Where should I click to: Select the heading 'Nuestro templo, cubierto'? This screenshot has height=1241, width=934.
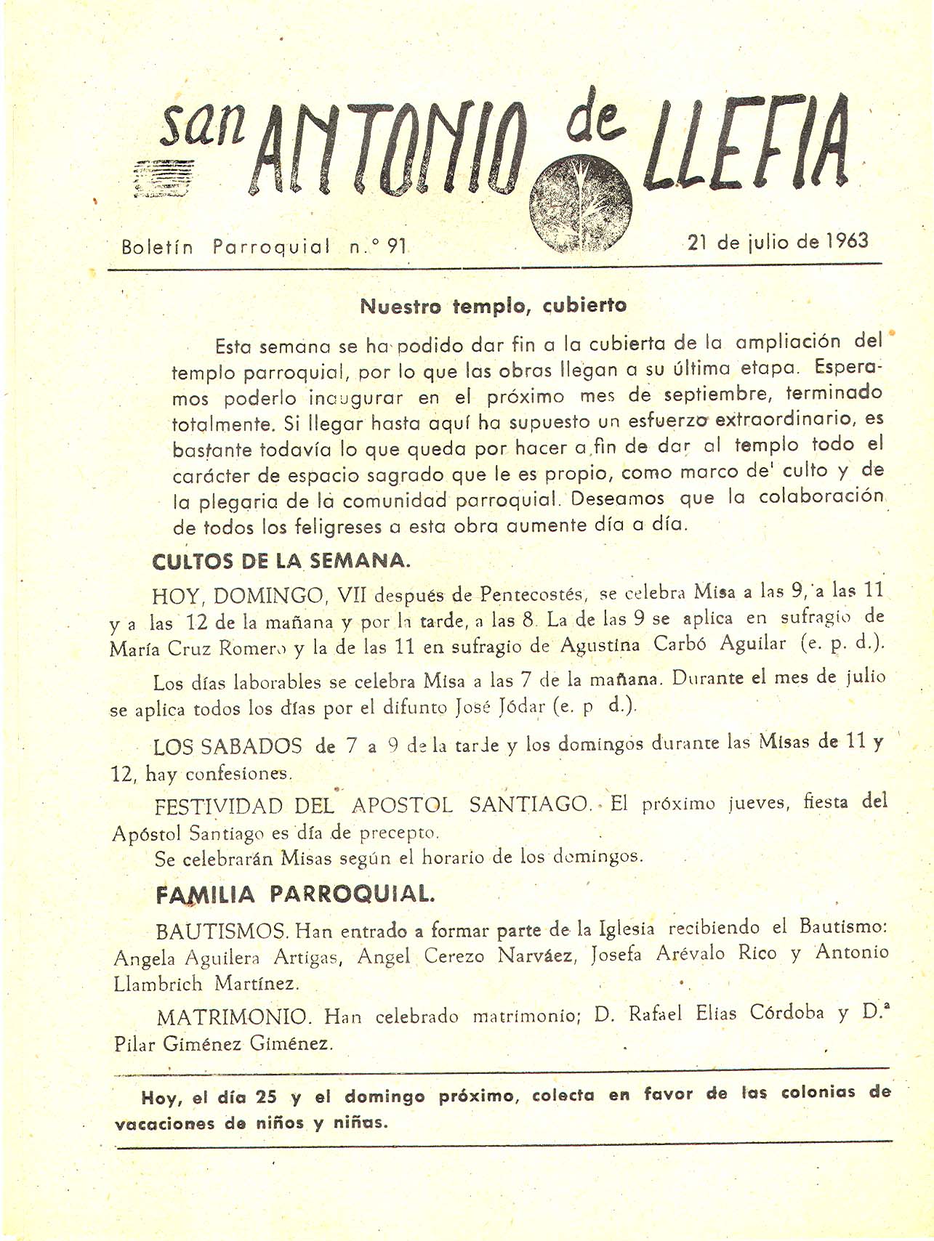(x=494, y=306)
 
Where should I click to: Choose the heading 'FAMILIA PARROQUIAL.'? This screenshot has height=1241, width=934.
(x=295, y=894)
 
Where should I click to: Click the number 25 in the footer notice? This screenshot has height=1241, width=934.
(x=267, y=1097)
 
